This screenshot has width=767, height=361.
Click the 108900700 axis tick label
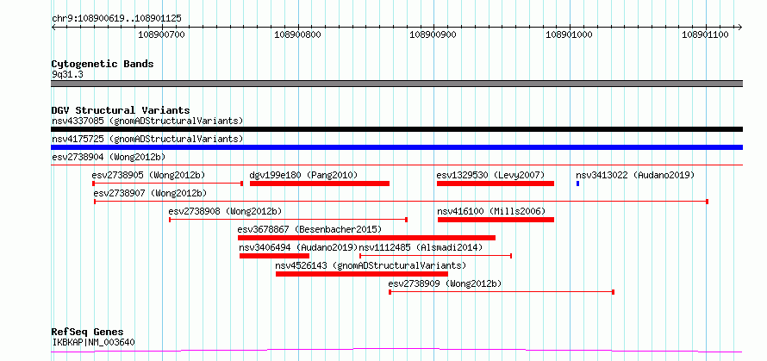pyautogui.click(x=162, y=34)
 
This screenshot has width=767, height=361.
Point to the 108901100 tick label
pyautogui.click(x=705, y=34)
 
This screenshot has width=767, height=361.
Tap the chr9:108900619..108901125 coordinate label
pyautogui.click(x=116, y=19)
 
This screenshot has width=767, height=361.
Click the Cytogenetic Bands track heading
pyautogui.click(x=103, y=64)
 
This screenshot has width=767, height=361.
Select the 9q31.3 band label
pyautogui.click(x=67, y=75)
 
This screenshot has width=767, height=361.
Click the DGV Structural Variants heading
pyautogui.click(x=121, y=110)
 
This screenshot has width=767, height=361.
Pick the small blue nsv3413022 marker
pyautogui.click(x=577, y=184)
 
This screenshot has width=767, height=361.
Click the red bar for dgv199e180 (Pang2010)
pyautogui.click(x=320, y=184)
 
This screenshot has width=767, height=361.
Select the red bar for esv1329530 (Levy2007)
pyautogui.click(x=495, y=184)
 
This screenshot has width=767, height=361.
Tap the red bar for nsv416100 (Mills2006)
pyautogui.click(x=496, y=220)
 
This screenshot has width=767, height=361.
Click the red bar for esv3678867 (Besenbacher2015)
pyautogui.click(x=366, y=238)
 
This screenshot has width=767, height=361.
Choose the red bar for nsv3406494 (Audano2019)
pyautogui.click(x=274, y=256)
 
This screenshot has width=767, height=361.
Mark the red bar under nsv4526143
pyautogui.click(x=361, y=274)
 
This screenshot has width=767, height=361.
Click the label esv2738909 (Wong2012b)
pyautogui.click(x=446, y=283)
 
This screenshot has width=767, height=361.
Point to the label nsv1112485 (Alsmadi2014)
pyautogui.click(x=421, y=247)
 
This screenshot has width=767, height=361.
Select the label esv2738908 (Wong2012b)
pyautogui.click(x=226, y=211)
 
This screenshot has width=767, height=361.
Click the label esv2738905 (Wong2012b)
pyautogui.click(x=148, y=175)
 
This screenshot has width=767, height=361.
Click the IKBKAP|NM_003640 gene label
pyautogui.click(x=93, y=342)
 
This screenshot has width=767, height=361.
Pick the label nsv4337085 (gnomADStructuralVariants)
pyautogui.click(x=147, y=121)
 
